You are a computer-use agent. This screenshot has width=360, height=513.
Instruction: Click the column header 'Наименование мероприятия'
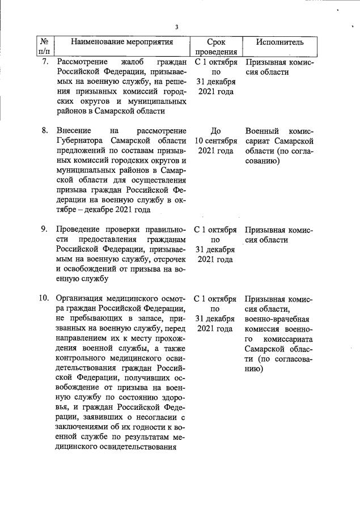[121, 42]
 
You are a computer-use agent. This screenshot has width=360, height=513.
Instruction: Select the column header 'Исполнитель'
[279, 42]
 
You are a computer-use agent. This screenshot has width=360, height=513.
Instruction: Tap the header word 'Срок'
[215, 42]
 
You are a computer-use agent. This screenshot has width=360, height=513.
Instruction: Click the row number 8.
[45, 130]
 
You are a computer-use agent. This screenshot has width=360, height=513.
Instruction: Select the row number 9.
[45, 230]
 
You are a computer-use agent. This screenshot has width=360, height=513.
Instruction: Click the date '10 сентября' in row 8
[215, 141]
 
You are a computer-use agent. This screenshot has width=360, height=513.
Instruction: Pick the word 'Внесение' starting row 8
[74, 130]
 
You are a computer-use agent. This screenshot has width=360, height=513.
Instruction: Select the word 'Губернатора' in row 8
[81, 141]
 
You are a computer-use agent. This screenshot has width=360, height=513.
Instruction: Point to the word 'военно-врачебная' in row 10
[277, 319]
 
